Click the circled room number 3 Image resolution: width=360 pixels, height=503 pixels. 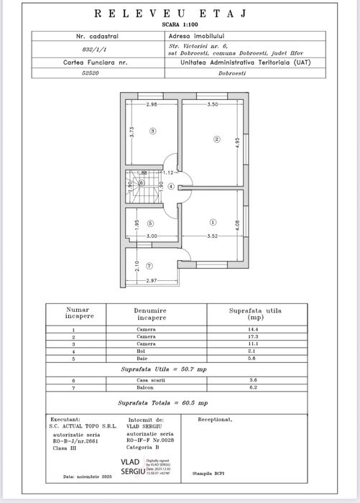152,131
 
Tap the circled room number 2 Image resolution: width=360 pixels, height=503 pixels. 215,139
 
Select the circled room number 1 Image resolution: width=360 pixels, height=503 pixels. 213,222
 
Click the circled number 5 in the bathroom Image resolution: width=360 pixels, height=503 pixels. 151,223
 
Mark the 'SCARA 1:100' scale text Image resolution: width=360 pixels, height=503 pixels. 181,24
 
